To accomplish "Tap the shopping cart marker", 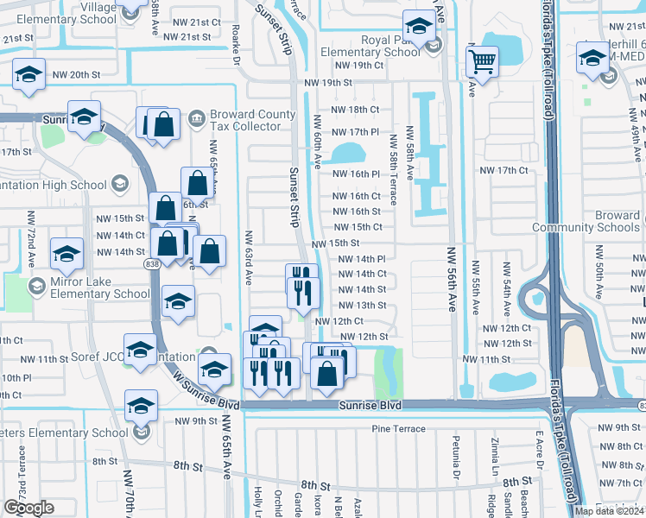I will (482, 62).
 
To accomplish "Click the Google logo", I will (28, 508).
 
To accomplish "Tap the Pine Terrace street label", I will (398, 429).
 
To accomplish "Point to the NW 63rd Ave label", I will (248, 257).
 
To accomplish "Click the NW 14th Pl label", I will (361, 258).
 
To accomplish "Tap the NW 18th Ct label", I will (357, 110).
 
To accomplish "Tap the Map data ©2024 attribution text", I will (608, 511).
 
